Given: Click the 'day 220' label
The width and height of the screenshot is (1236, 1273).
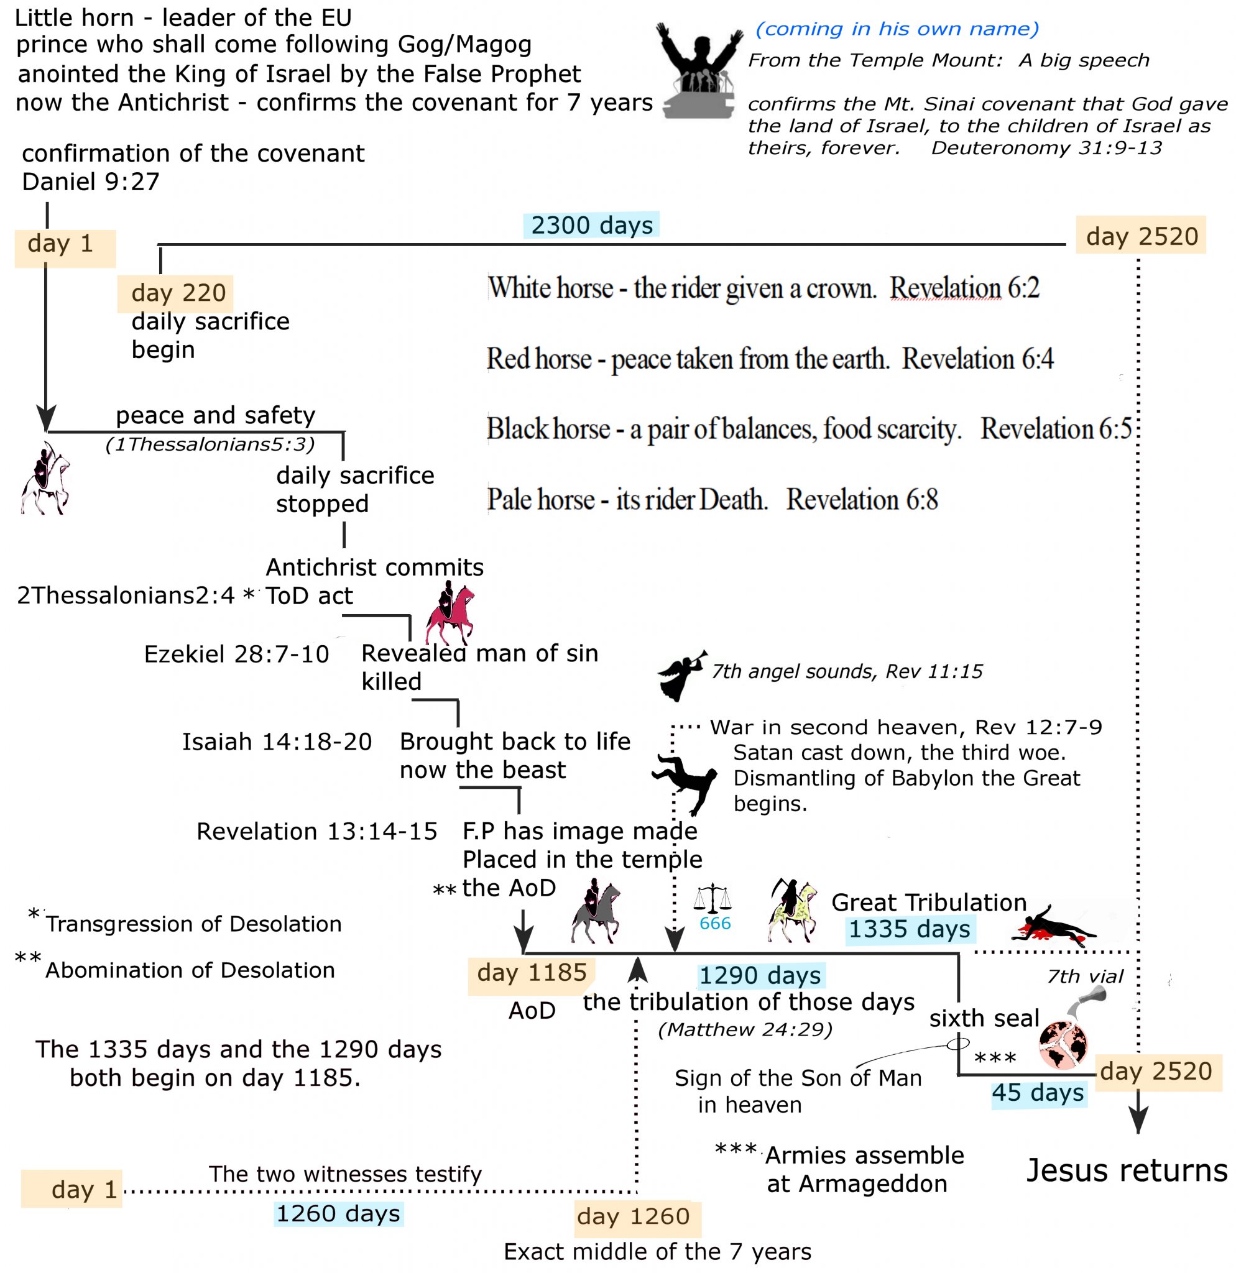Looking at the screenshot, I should pos(178,293).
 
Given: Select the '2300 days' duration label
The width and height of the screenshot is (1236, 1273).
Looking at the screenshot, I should pos(591,226).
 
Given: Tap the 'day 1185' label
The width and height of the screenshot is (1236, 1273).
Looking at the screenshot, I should pos(532,973).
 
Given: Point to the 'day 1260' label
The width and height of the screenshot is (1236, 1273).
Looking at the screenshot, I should pos(633,1216).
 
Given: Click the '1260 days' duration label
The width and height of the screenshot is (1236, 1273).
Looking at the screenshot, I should pos(338,1214).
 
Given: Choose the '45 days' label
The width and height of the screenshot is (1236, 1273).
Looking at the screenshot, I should pos(1037,1093).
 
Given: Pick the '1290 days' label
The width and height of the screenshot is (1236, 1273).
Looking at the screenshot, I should pos(760,975).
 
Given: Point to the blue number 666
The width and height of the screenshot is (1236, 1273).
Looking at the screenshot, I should pos(715,924).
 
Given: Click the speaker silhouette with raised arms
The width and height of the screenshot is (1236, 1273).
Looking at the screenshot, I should pos(698,71).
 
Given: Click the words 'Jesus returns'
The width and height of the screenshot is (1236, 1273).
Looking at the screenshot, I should pos(1126,1171).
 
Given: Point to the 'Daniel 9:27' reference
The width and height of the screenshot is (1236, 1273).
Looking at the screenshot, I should pos(91,182).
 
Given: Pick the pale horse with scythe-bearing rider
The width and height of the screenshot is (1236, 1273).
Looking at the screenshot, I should pos(791,910).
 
